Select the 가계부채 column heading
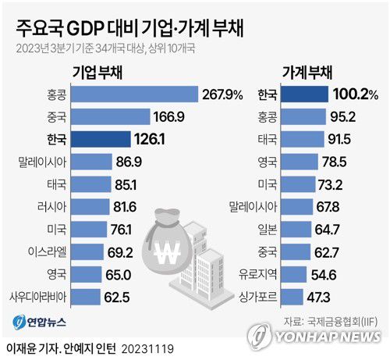click(307, 71)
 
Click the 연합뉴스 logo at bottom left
click(39, 322)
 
